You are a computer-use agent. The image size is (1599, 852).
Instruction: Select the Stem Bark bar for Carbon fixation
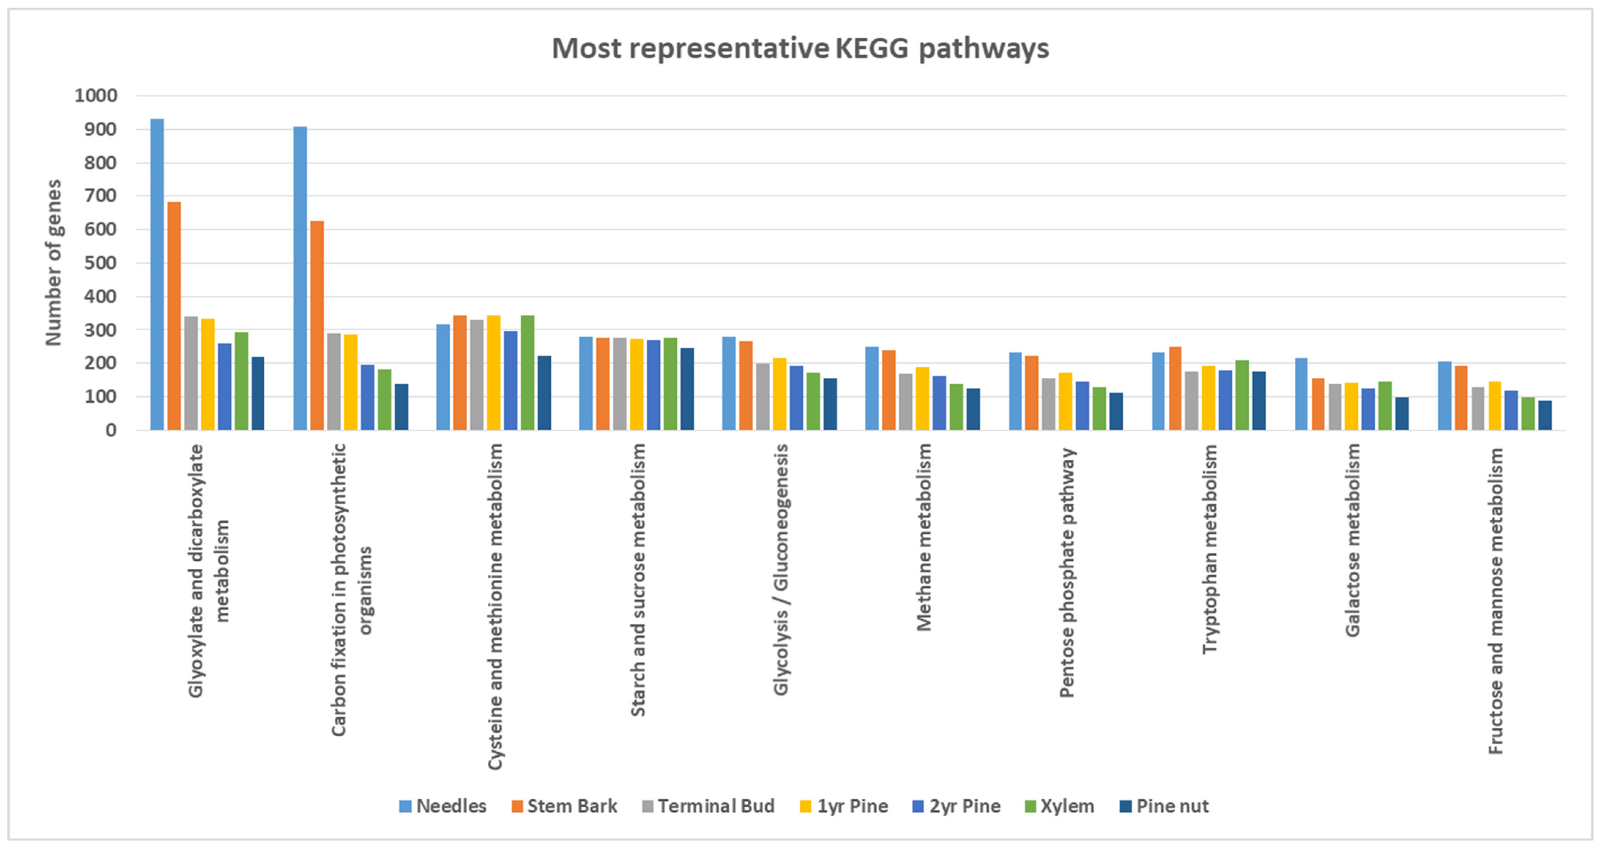317,325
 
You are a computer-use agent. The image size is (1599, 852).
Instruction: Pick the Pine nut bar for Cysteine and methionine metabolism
544,393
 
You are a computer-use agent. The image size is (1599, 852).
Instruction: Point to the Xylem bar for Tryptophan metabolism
1242,395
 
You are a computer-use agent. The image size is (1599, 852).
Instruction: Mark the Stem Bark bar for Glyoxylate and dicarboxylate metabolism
174,316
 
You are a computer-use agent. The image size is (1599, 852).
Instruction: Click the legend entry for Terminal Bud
708,806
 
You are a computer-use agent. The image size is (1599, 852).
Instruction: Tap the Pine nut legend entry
1164,806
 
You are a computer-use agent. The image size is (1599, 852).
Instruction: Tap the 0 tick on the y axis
111,430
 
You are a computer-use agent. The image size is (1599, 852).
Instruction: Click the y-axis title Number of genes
54,262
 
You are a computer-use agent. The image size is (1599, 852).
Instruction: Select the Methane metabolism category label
924,537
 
